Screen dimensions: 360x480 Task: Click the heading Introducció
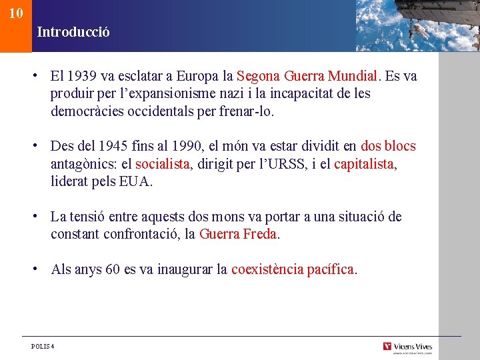click(73, 31)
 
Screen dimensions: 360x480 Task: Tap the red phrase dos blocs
click(387, 146)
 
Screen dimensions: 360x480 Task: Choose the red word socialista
click(163, 163)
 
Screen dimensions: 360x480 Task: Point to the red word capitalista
click(364, 163)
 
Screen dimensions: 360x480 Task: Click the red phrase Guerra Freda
click(237, 234)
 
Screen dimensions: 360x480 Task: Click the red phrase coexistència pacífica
click(293, 269)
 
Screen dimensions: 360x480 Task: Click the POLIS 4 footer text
click(43, 346)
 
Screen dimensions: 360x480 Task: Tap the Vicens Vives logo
click(407, 346)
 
